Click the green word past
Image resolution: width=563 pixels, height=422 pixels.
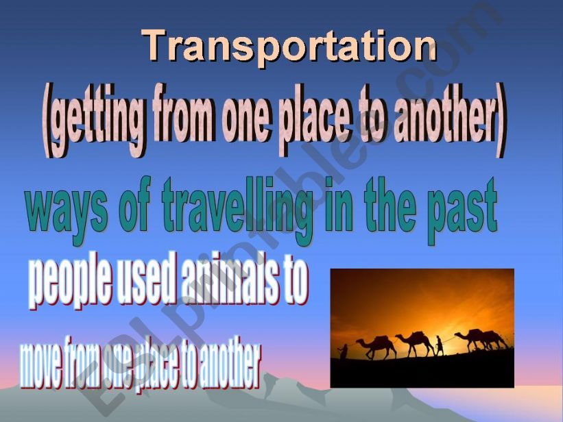[462, 212]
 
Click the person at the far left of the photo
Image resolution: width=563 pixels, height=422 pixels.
[344, 351]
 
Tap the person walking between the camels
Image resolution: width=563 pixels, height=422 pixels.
[439, 345]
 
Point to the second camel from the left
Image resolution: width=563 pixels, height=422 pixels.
[415, 343]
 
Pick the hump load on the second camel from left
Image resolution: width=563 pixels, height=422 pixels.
[418, 336]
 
